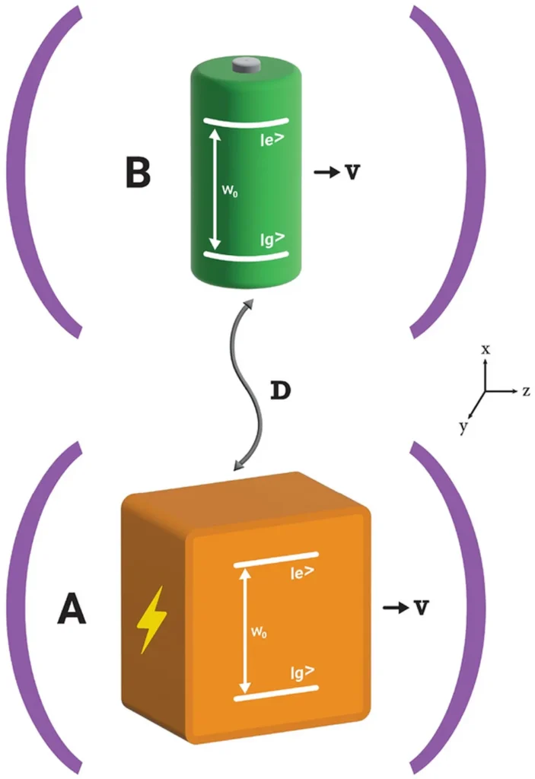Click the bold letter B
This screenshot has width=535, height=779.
[138, 173]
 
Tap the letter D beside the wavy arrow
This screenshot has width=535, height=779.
[280, 391]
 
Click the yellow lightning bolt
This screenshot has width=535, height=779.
[150, 620]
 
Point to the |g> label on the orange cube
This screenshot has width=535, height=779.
[302, 672]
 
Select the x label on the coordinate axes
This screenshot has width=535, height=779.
[486, 349]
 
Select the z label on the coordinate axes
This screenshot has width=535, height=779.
[525, 391]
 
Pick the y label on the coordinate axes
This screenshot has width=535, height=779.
[462, 428]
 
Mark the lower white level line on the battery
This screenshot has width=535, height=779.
[245, 256]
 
